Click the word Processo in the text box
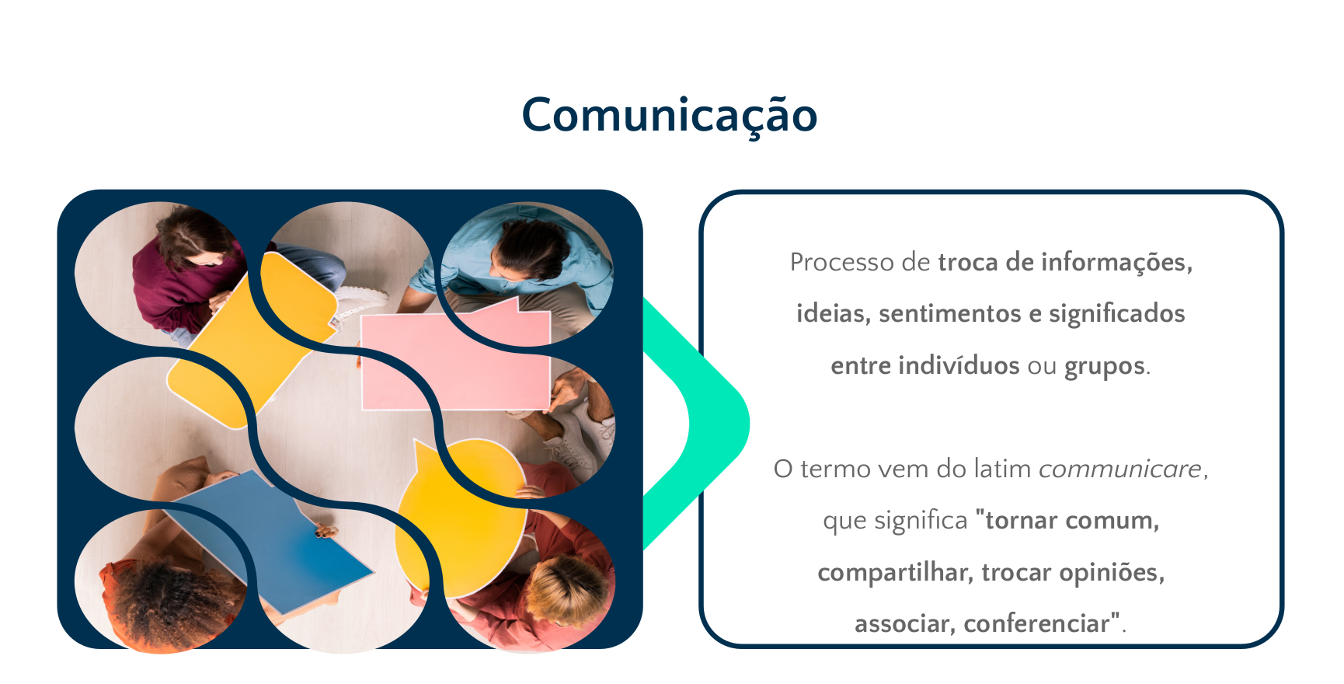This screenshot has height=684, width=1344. pyautogui.click(x=842, y=262)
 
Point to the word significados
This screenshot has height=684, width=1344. pyautogui.click(x=1117, y=314)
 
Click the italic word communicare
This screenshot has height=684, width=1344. pyautogui.click(x=1120, y=469)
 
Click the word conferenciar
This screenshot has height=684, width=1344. pyautogui.click(x=1036, y=623)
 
